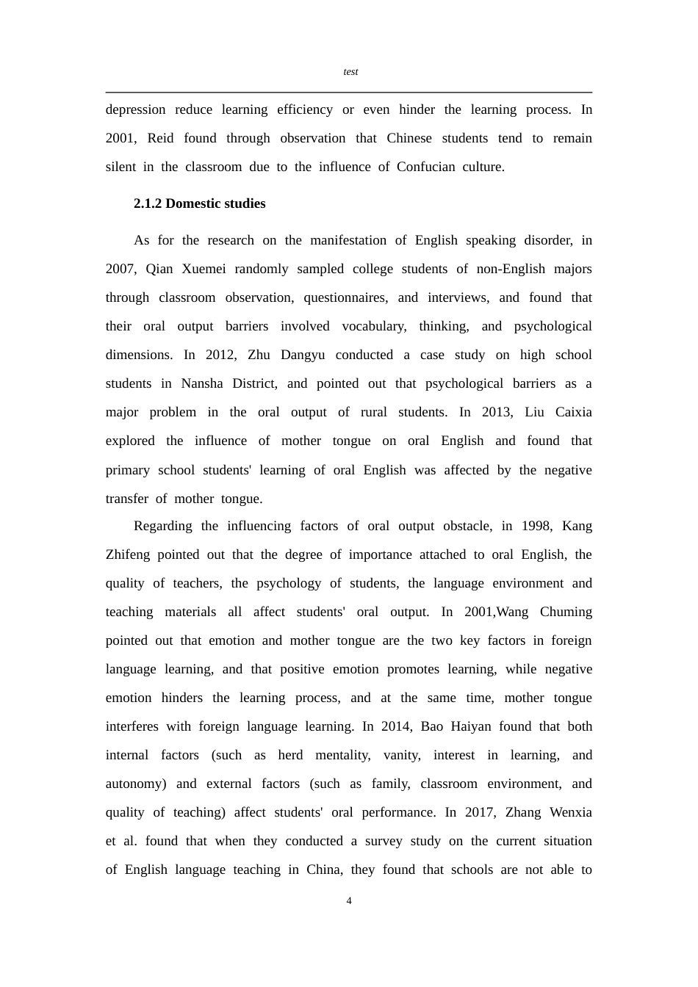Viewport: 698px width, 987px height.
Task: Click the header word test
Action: (350, 72)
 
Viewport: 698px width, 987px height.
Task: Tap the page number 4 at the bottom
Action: (349, 901)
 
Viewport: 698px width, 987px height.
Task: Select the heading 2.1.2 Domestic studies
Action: (199, 203)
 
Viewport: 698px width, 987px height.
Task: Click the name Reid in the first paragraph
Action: (160, 138)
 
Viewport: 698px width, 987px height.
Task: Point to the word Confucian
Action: (426, 167)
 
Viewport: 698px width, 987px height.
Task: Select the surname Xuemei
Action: (204, 269)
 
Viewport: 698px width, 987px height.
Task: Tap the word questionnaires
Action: (345, 297)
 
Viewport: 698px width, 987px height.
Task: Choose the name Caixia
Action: (573, 412)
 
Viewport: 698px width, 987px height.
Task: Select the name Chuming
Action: (566, 612)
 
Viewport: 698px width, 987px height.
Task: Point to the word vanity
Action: (402, 755)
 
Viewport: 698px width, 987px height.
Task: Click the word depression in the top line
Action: (136, 109)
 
